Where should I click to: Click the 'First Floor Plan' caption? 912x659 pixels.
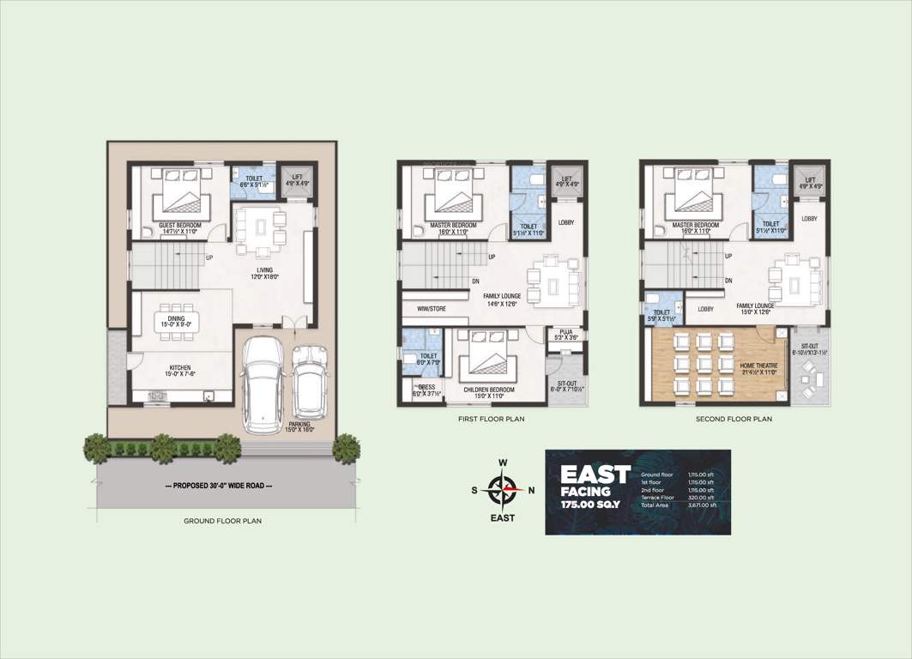492,420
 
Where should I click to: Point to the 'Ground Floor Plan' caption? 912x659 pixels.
222,521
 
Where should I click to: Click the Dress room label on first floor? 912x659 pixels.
424,390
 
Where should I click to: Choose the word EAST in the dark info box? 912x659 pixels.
595,475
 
